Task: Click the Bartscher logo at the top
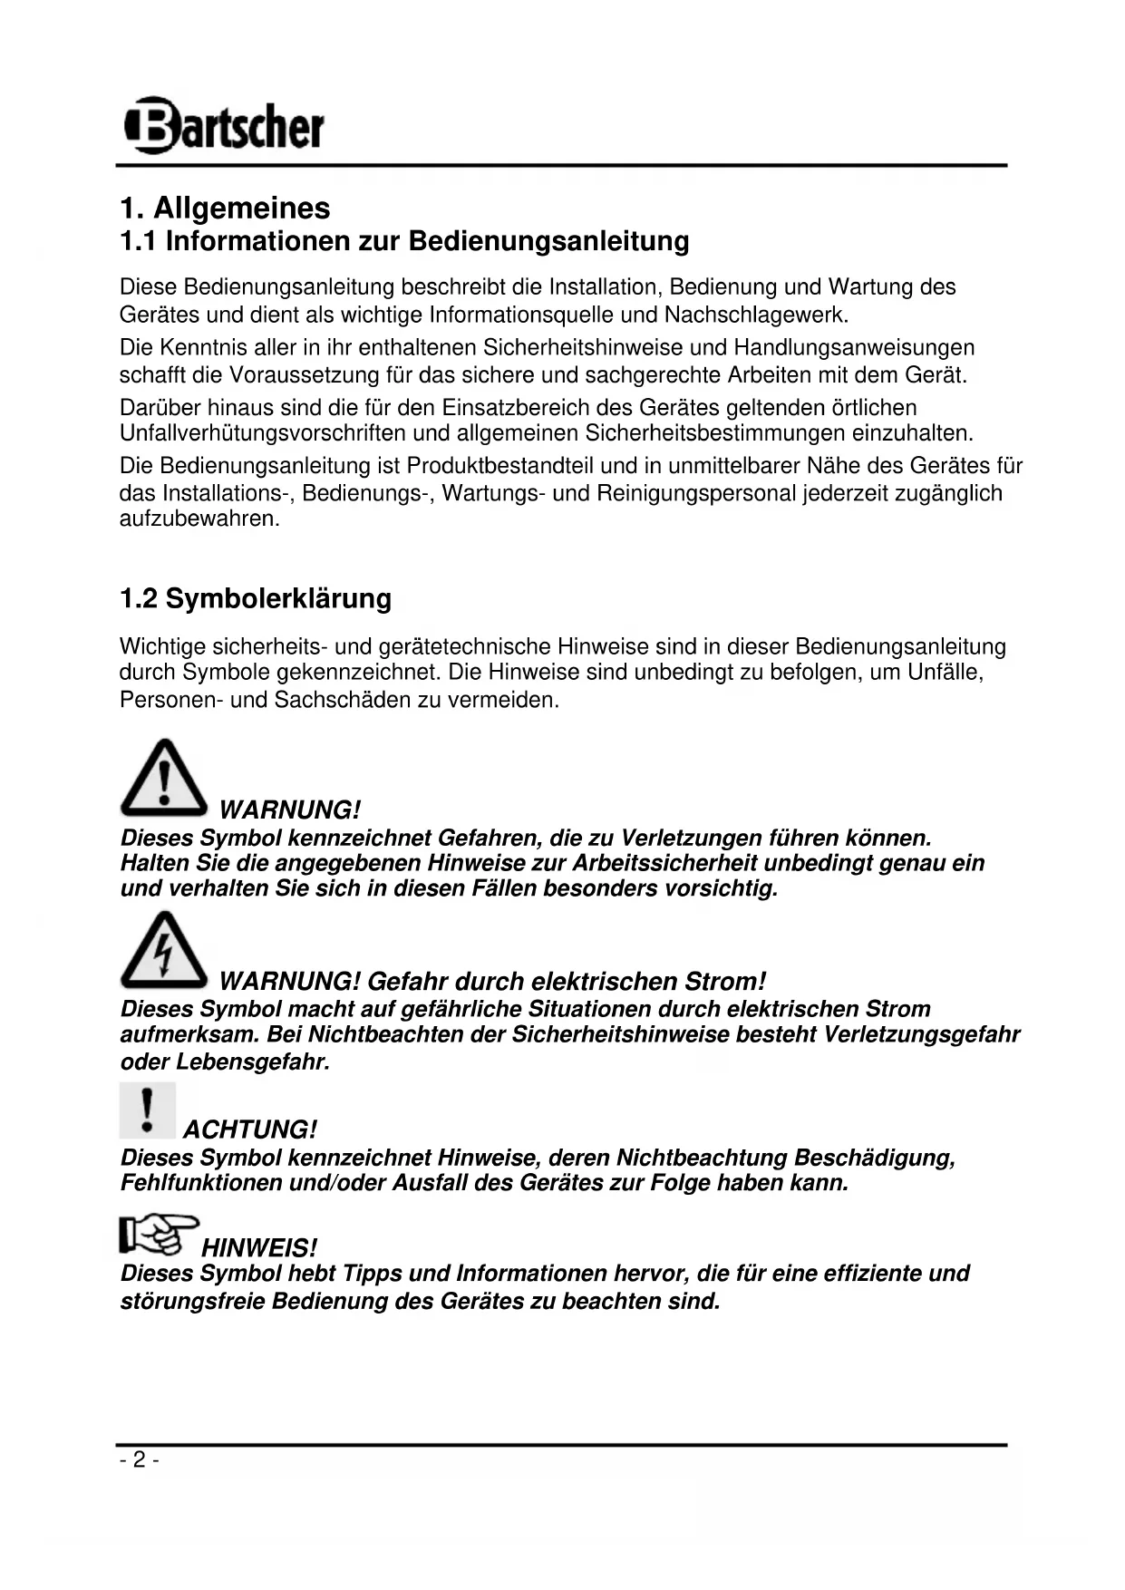[x=224, y=126]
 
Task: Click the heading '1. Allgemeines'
[x=225, y=208]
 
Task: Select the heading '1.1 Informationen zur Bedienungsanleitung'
[x=404, y=241]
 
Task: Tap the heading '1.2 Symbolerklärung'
[x=256, y=598]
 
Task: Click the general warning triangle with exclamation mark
[x=163, y=778]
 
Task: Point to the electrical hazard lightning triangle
[x=163, y=950]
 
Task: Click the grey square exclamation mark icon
[x=147, y=1110]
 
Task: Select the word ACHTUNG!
[x=250, y=1130]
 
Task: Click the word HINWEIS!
[x=259, y=1247]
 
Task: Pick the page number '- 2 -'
[x=139, y=1459]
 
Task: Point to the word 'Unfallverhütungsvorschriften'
[x=263, y=433]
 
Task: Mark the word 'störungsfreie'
[x=192, y=1302]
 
